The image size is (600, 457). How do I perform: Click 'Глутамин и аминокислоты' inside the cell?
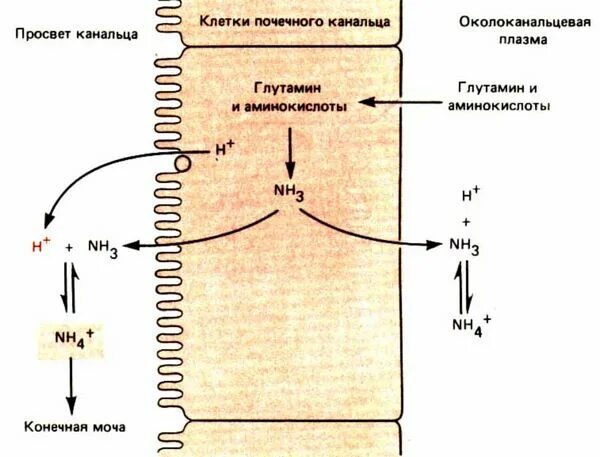click(x=290, y=96)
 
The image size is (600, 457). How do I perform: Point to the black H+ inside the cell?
click(x=224, y=151)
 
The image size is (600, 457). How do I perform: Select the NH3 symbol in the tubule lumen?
click(x=103, y=248)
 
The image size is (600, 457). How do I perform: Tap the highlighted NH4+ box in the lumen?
click(x=70, y=341)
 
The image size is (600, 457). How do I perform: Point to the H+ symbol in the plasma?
click(x=470, y=196)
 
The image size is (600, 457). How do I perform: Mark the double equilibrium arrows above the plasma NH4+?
click(x=464, y=284)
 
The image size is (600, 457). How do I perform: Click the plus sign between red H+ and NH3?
click(x=69, y=247)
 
